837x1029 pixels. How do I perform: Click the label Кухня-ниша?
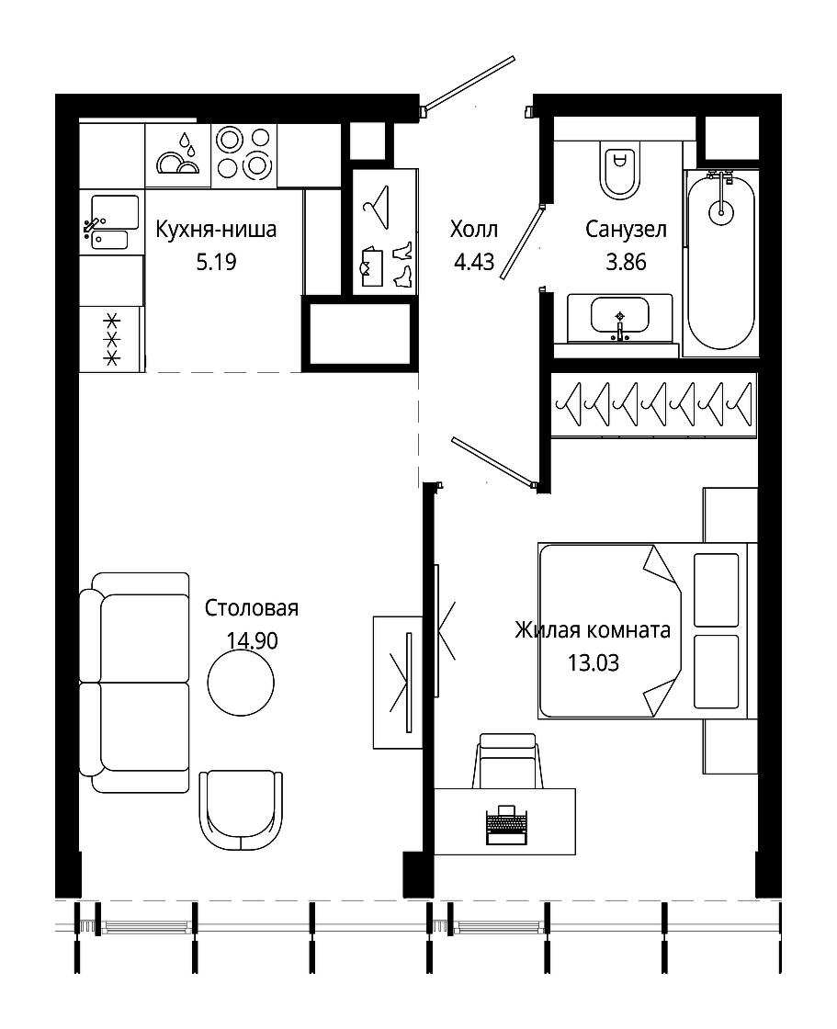tap(216, 230)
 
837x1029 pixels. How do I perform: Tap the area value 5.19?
tap(216, 263)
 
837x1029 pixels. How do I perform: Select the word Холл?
tap(474, 230)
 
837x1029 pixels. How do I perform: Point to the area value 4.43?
tap(474, 263)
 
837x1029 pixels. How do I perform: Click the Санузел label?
tap(626, 230)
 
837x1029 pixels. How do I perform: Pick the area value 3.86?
tap(626, 263)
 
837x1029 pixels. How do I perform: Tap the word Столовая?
tap(252, 608)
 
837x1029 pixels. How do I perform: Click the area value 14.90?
tap(252, 640)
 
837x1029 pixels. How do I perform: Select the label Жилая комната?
tap(592, 630)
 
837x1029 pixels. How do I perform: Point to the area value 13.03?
tap(594, 662)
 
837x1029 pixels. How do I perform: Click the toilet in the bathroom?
tap(619, 169)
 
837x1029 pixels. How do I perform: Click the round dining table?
tap(241, 683)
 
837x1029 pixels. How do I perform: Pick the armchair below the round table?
tap(241, 811)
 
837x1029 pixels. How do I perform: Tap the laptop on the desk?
tap(506, 825)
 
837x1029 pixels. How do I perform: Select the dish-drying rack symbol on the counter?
tap(177, 155)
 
